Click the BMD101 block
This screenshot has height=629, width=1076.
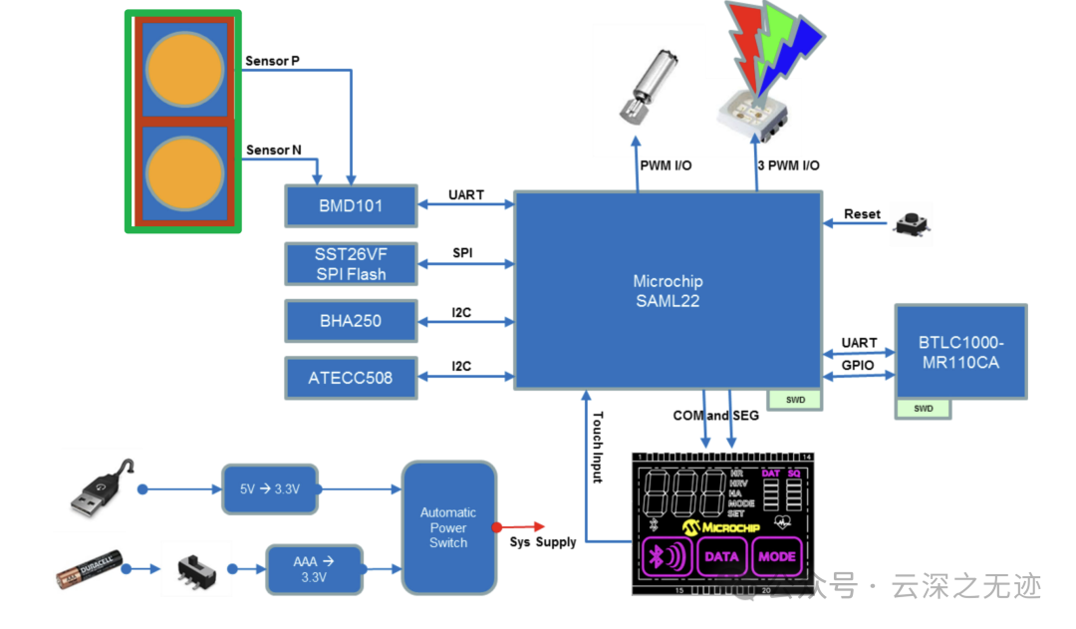point(350,206)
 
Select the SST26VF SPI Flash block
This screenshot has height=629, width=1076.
point(350,264)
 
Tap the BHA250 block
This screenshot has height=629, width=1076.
point(350,321)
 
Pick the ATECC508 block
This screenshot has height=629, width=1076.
point(350,378)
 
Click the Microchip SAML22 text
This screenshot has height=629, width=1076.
point(667,291)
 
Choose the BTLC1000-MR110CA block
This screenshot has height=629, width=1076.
point(960,352)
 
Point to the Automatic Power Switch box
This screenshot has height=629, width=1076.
point(448,527)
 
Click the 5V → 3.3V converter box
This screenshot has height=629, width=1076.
point(269,489)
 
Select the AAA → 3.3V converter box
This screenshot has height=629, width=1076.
point(314,569)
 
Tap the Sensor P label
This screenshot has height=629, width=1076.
point(272,61)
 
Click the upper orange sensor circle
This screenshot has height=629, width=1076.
point(184,69)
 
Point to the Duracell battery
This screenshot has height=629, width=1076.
point(90,569)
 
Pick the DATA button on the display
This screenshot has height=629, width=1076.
point(719,557)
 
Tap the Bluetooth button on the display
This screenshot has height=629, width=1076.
point(663,557)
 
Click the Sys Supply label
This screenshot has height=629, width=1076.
point(543,541)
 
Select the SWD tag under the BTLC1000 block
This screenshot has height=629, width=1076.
point(924,408)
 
